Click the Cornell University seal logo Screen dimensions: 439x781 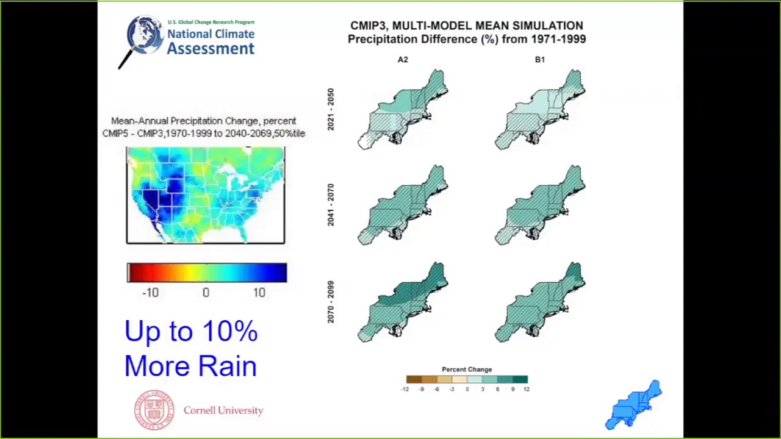[x=154, y=410]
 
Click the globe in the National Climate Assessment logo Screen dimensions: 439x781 [x=145, y=35]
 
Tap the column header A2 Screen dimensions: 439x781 [x=403, y=60]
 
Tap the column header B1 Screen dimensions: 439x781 [x=540, y=60]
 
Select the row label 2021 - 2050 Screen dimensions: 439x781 [x=331, y=109]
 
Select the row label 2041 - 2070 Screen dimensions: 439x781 [x=331, y=205]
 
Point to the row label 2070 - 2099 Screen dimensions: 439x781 [x=331, y=302]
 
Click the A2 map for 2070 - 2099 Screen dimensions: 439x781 [x=404, y=302]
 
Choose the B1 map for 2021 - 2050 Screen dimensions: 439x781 [x=541, y=110]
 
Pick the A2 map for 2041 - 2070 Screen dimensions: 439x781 [x=404, y=205]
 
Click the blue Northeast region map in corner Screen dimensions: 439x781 [x=634, y=405]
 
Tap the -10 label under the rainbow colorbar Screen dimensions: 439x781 [x=150, y=293]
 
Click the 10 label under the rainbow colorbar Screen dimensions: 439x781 [x=259, y=293]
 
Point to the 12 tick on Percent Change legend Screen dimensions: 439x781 [x=526, y=389]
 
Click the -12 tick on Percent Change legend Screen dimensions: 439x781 [x=405, y=389]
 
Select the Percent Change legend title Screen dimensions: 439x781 [x=467, y=369]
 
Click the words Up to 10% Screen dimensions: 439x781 [x=191, y=332]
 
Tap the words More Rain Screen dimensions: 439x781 [x=190, y=366]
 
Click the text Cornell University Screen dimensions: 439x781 [x=223, y=410]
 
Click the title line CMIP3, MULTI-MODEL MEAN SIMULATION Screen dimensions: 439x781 [x=467, y=26]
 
